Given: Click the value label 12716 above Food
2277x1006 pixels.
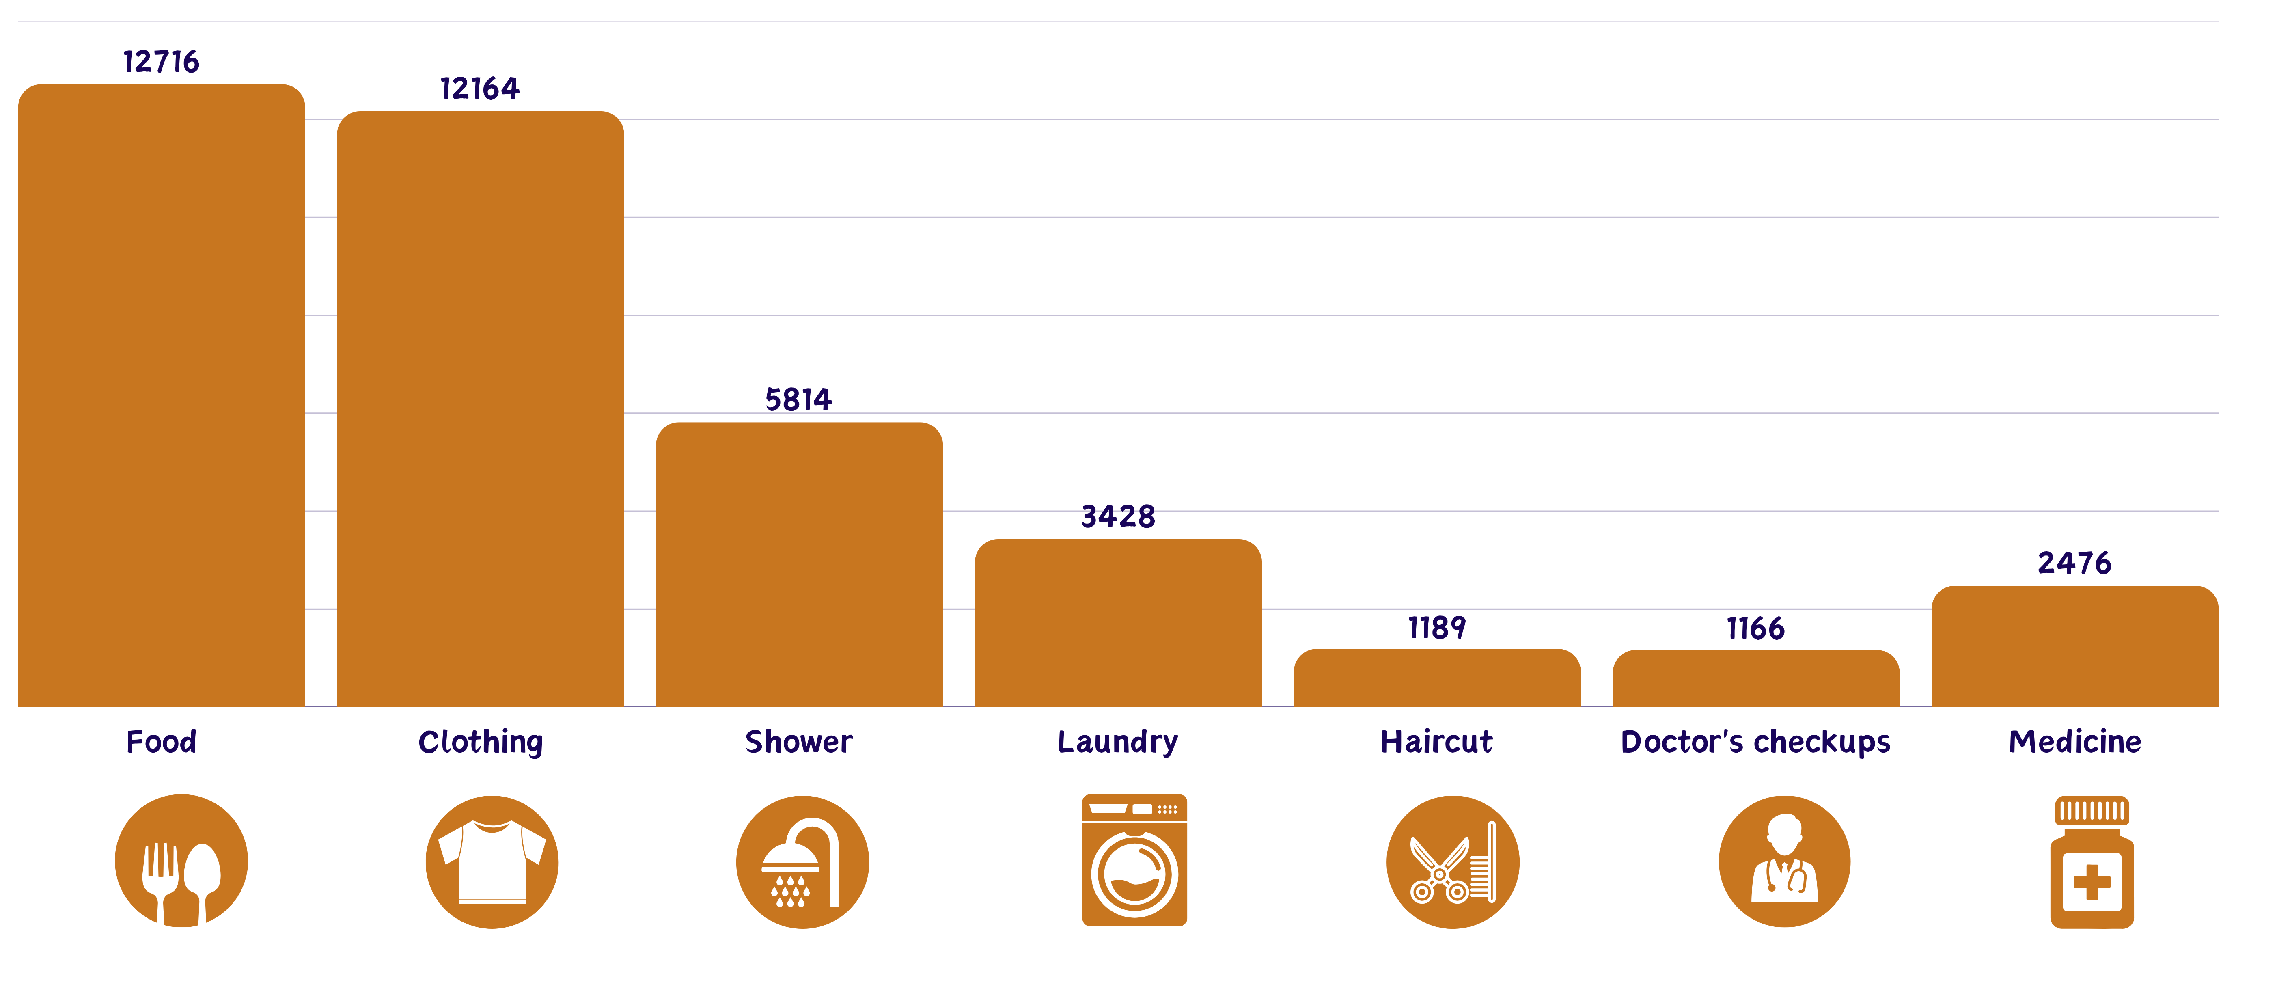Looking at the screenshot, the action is point(161,62).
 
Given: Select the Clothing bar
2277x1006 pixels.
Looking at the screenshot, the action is point(480,408).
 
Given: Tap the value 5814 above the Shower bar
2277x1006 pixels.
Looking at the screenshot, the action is point(798,399).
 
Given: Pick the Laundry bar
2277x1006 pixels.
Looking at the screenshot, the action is point(1118,622).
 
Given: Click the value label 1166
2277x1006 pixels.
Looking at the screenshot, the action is point(1755,628).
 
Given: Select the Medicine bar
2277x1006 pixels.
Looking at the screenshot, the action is point(2074,646).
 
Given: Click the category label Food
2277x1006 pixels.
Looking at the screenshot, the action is point(161,742).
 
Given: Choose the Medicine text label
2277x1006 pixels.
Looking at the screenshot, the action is point(2074,742).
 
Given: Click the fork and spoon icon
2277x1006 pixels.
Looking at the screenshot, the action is point(181,861).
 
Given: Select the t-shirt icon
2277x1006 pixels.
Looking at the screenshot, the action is point(492,862).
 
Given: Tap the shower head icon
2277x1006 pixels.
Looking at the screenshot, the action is point(802,862).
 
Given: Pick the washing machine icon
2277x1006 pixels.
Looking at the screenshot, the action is point(1135,860).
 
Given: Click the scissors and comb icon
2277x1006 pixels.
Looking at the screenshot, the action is point(1452,862).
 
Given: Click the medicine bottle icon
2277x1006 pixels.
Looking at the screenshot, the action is point(2092,862).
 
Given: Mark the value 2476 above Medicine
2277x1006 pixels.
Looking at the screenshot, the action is point(2074,563).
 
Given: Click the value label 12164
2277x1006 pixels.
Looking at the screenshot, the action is point(480,89).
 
